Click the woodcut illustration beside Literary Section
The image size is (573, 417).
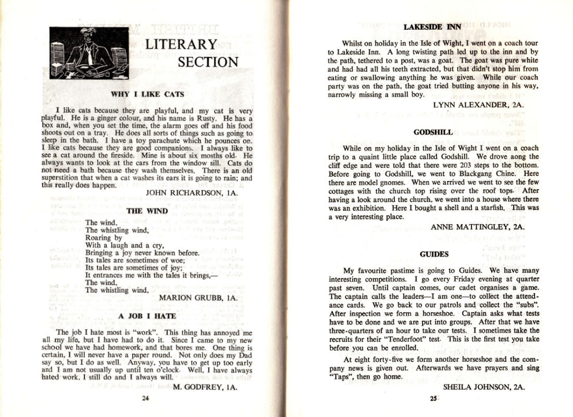tap(90, 53)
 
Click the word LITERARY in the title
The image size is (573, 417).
tap(181, 45)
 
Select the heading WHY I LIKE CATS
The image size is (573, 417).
tap(147, 94)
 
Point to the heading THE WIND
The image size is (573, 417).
tap(147, 211)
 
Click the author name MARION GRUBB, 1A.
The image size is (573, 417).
tap(198, 298)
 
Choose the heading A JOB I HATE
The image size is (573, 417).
tap(147, 316)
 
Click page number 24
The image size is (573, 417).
tap(146, 399)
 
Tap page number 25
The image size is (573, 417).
tap(433, 399)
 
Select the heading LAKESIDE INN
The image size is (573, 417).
tap(432, 27)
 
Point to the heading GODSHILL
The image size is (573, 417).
tap(433, 132)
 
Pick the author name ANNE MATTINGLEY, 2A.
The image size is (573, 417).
tap(478, 227)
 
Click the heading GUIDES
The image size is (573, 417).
tap(434, 254)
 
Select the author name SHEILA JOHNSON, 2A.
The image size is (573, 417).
tap(484, 387)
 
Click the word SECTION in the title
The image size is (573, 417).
tap(208, 63)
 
